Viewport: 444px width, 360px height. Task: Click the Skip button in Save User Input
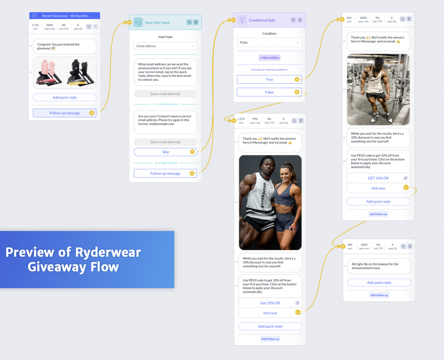166,152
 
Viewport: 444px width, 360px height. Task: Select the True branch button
269,80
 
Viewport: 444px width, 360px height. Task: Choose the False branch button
269,92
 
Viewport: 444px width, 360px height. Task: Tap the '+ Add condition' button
269,58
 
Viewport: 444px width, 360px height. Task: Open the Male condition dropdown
269,43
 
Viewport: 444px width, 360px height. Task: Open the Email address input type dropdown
165,46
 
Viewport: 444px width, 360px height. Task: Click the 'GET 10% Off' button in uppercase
378,178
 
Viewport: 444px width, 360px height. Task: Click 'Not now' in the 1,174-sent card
270,313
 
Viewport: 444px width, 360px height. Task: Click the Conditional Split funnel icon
242,20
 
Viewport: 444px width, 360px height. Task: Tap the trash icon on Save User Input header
196,22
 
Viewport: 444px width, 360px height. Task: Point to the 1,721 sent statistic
35,26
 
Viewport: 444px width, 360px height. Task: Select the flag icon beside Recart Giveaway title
34,16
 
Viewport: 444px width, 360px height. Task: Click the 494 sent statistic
350,246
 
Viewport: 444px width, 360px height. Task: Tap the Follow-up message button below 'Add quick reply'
65,113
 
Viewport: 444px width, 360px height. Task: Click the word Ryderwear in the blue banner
108,252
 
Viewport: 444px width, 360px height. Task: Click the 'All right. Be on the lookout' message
379,266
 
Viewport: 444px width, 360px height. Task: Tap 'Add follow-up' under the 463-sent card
378,214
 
